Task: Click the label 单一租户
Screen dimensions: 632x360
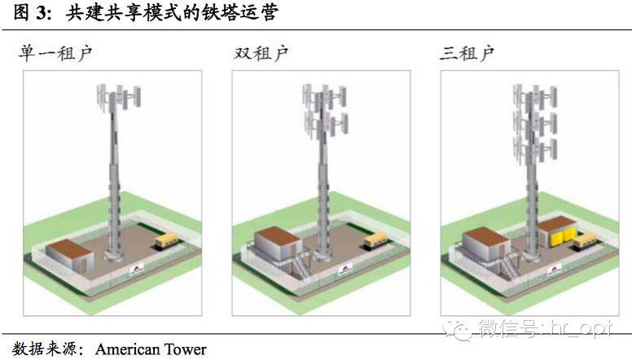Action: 56,55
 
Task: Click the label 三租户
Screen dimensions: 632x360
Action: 467,55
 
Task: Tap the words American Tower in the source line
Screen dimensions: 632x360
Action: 151,349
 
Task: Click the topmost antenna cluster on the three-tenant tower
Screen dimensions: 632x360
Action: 531,96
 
